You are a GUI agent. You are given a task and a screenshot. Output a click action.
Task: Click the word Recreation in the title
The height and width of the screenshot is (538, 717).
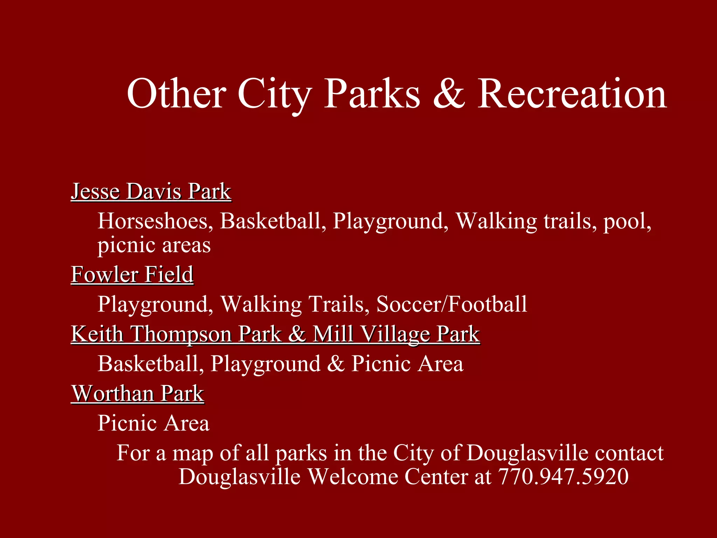click(572, 94)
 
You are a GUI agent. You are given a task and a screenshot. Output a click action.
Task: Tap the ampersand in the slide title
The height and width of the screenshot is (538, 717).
click(449, 94)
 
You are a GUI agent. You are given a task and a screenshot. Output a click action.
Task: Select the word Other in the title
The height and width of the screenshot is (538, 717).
click(176, 94)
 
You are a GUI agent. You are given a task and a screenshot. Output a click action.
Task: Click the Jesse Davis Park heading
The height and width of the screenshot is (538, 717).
click(151, 192)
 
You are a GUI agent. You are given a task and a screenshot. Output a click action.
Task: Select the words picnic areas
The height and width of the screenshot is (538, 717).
click(154, 245)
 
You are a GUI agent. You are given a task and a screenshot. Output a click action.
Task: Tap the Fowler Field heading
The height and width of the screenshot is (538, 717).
click(132, 274)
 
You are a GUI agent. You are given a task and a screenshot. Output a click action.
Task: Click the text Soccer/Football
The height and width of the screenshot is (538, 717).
click(452, 304)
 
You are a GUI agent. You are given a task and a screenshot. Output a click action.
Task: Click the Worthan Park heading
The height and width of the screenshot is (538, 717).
click(138, 393)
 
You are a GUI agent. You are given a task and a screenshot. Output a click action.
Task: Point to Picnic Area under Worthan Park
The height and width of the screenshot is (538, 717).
click(153, 423)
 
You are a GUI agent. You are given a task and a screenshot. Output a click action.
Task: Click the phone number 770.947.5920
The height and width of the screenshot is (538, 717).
click(563, 477)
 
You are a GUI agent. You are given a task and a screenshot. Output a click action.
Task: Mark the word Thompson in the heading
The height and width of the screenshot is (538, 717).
click(181, 334)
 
